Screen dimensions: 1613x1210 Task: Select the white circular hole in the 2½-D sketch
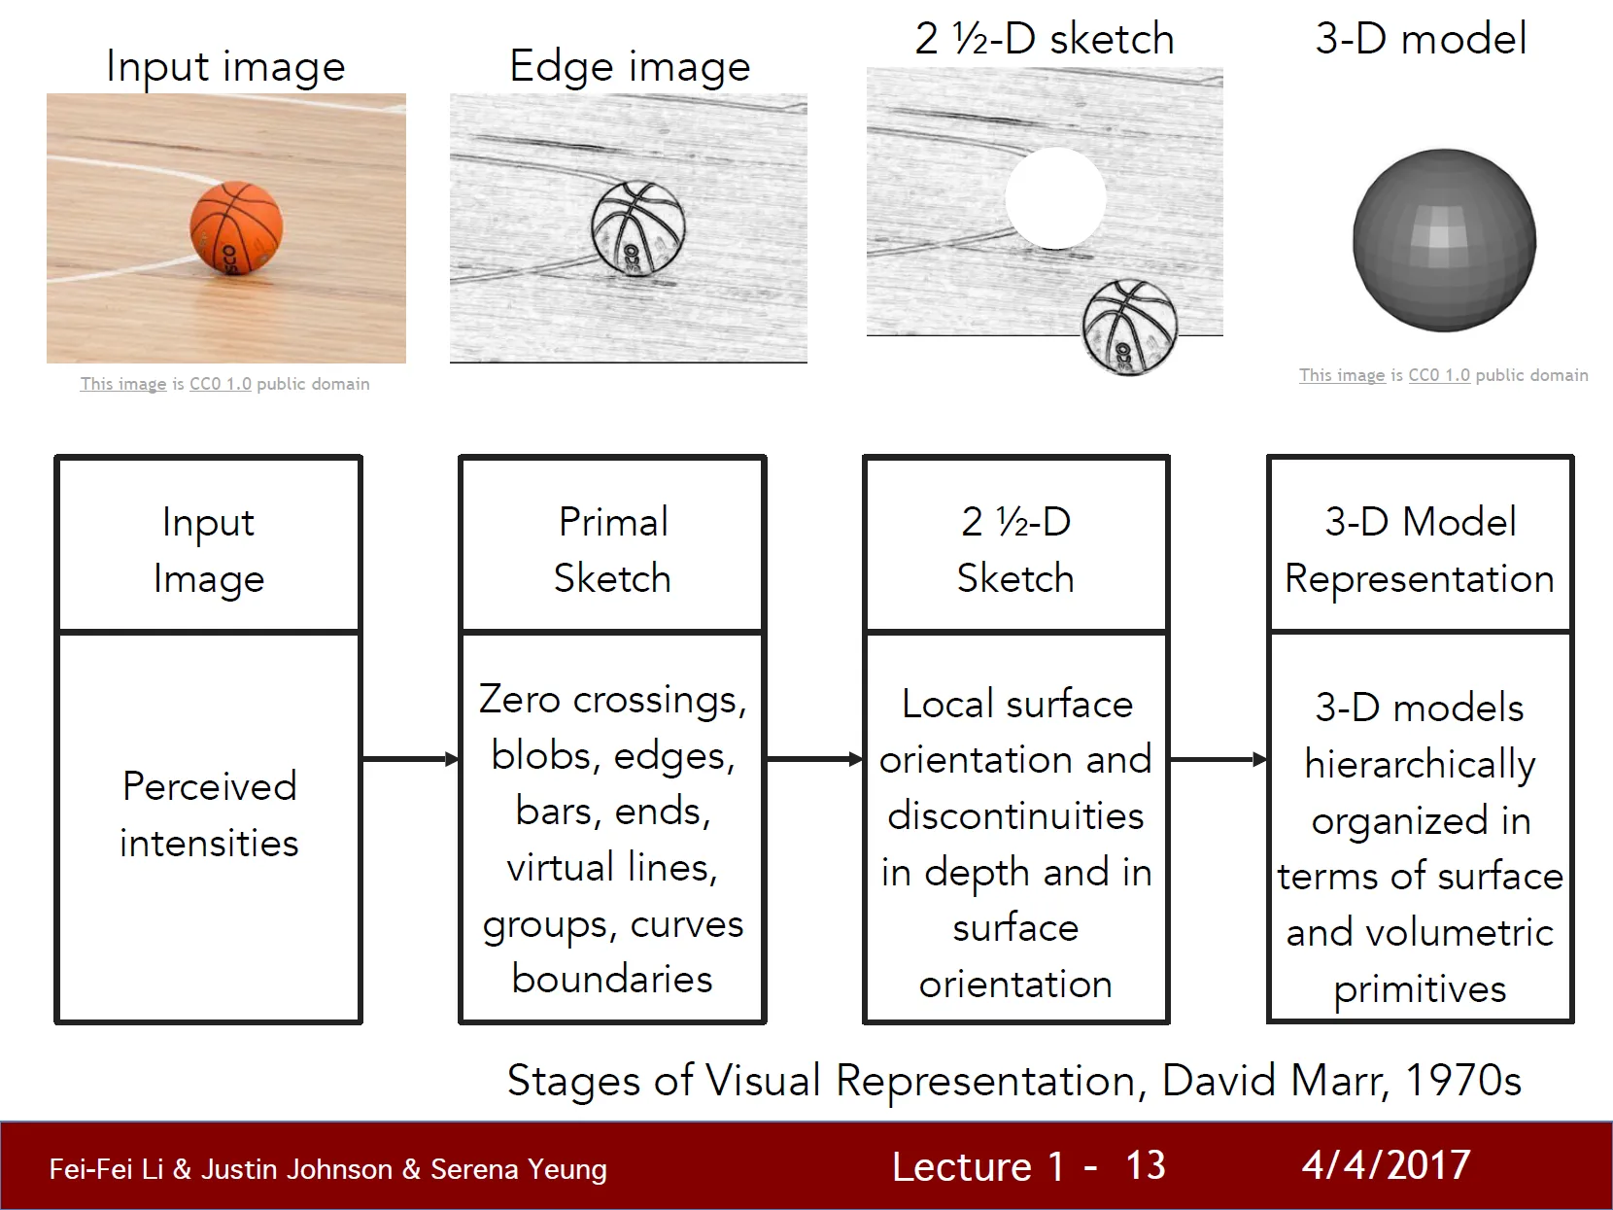pyautogui.click(x=1055, y=198)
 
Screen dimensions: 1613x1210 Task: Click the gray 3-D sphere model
pyautogui.click(x=1444, y=240)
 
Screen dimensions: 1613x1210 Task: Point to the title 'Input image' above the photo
pyautogui.click(x=225, y=66)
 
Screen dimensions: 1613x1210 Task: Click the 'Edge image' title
pyautogui.click(x=630, y=66)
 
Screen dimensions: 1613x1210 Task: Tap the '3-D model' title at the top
pyautogui.click(x=1421, y=39)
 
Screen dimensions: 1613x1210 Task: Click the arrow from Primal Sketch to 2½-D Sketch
pyautogui.click(x=814, y=759)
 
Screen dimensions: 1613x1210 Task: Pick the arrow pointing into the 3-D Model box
pyautogui.click(x=1218, y=759)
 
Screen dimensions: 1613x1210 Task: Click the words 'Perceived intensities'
pyautogui.click(x=209, y=814)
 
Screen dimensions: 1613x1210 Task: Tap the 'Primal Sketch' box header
pyautogui.click(x=612, y=549)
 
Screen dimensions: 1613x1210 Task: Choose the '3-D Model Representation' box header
pyautogui.click(x=1420, y=549)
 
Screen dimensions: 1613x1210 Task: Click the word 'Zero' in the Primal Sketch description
pyautogui.click(x=520, y=700)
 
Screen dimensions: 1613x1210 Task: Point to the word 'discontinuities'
pyautogui.click(x=1015, y=815)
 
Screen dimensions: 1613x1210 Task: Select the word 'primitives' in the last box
pyautogui.click(x=1420, y=988)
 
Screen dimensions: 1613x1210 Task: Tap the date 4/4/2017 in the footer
pyautogui.click(x=1386, y=1165)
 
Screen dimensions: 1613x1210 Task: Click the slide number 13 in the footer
pyautogui.click(x=1146, y=1165)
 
